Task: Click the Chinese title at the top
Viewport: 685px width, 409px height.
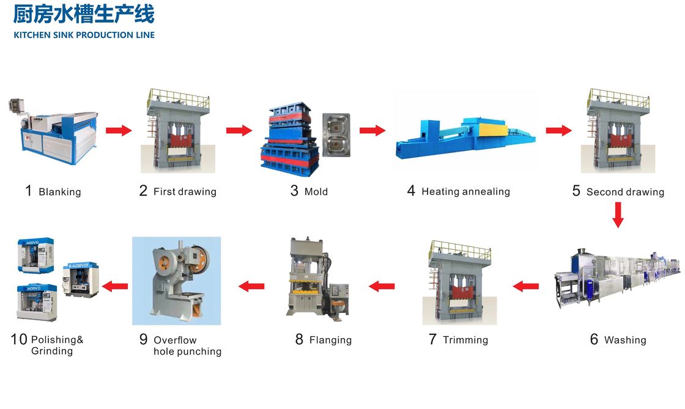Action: tap(83, 14)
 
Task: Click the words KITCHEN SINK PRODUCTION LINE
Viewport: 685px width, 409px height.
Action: tap(84, 35)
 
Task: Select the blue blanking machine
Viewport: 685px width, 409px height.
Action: tap(53, 131)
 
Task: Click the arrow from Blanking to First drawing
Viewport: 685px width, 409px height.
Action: tap(119, 130)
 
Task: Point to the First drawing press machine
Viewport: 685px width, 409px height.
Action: tap(178, 130)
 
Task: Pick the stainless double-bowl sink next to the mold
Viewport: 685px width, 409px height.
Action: tap(336, 135)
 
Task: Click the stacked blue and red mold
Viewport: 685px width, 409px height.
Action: tap(290, 139)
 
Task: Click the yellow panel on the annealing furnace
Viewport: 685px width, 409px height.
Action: tap(493, 130)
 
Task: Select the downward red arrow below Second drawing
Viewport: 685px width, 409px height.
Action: tap(618, 215)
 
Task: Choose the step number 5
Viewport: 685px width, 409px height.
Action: tap(576, 191)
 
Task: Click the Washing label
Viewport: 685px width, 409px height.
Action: tap(625, 340)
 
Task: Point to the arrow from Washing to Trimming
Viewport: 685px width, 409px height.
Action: tap(525, 286)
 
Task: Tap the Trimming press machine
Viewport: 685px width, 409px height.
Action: tap(459, 282)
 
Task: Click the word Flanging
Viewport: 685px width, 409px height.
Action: tap(330, 340)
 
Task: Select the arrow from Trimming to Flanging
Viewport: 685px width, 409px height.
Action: tap(382, 286)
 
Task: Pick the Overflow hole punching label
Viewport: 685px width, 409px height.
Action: tap(187, 345)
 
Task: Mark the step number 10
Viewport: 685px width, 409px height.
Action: tap(19, 339)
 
